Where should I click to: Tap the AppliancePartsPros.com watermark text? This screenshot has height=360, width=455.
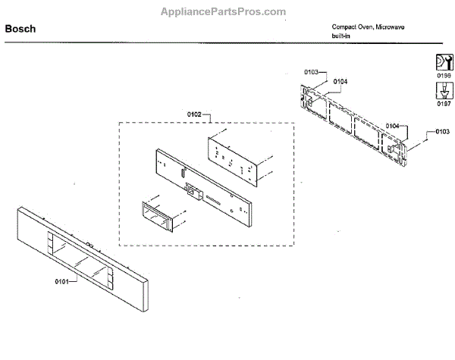[x=227, y=12]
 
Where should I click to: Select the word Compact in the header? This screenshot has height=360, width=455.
[x=344, y=27]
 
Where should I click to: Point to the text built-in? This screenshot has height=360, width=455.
[x=340, y=36]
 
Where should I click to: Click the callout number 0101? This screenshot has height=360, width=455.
[x=61, y=281]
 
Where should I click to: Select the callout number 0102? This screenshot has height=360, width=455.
[x=195, y=114]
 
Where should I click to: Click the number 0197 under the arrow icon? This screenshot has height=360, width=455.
[x=443, y=105]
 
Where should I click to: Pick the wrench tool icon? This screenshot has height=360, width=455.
[x=443, y=61]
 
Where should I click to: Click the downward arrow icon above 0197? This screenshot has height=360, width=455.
[x=443, y=91]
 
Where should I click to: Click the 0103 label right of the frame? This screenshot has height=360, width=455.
[x=443, y=132]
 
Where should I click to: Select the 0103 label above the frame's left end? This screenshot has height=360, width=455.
[x=312, y=71]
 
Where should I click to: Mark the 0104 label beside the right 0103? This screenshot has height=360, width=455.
[x=393, y=126]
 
